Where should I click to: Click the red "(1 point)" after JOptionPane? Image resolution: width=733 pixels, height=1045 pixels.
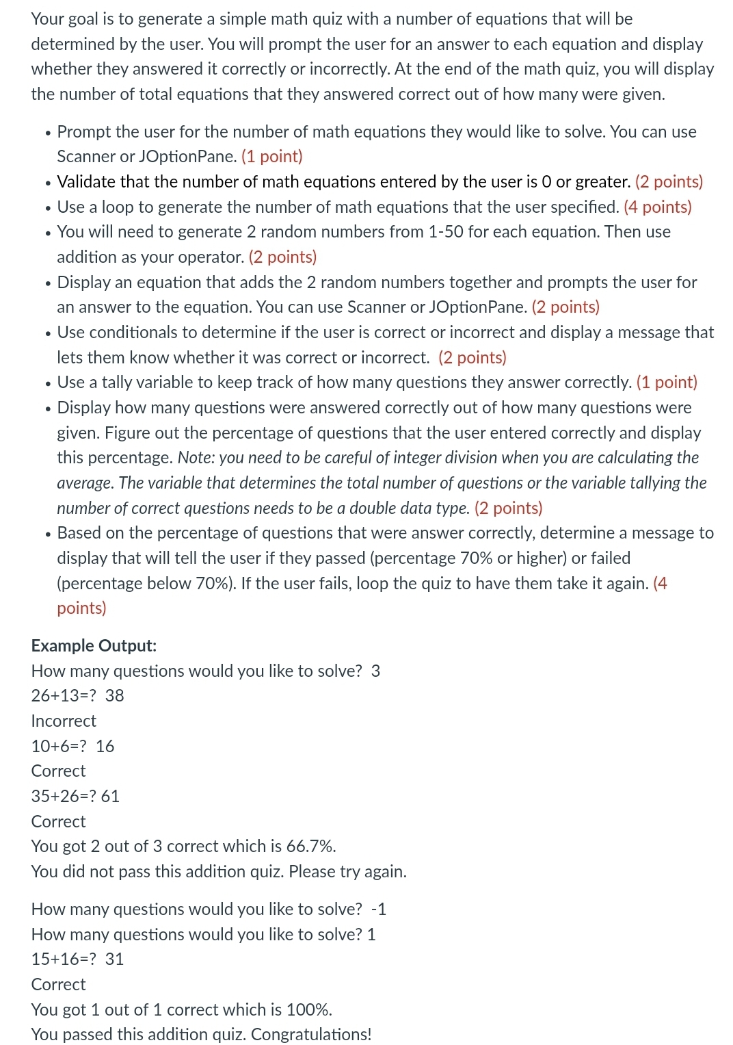point(271,157)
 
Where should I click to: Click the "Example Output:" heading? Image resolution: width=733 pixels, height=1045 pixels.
point(94,645)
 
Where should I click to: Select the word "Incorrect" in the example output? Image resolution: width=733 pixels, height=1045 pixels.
point(64,721)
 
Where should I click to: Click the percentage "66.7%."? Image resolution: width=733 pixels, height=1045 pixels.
point(311,846)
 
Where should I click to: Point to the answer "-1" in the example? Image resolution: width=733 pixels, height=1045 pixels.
point(379,909)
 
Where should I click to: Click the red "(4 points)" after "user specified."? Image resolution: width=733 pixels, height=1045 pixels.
point(657,207)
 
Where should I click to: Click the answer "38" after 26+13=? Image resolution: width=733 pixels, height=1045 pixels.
point(115,695)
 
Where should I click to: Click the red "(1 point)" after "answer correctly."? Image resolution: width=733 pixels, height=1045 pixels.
point(667,383)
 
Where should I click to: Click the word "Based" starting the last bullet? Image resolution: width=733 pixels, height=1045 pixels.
point(78,533)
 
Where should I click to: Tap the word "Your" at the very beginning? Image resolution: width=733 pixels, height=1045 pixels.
point(47,19)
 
